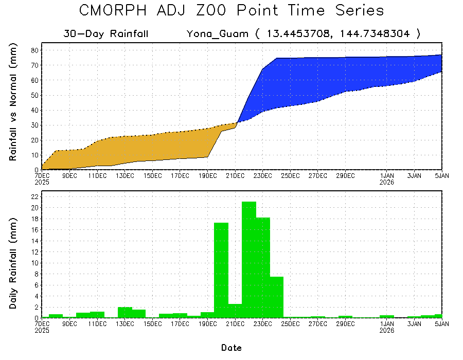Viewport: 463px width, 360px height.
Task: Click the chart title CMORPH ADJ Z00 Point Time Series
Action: coord(232,11)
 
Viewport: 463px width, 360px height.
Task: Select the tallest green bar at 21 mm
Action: coord(249,260)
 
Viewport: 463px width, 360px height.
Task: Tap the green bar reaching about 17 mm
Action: coord(221,270)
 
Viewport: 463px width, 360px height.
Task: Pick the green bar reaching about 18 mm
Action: coord(263,267)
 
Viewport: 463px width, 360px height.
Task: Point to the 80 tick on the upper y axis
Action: coord(35,50)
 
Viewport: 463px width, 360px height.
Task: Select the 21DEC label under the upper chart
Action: coord(235,176)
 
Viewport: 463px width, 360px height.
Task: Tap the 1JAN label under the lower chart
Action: coord(387,324)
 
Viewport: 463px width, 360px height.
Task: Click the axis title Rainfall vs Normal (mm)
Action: coord(14,103)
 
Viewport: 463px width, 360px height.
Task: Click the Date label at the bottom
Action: coord(232,348)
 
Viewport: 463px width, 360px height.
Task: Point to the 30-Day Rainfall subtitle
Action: coord(106,34)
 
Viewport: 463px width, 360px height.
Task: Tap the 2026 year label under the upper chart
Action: coord(387,182)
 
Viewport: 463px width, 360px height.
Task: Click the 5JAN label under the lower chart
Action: coord(441,324)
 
